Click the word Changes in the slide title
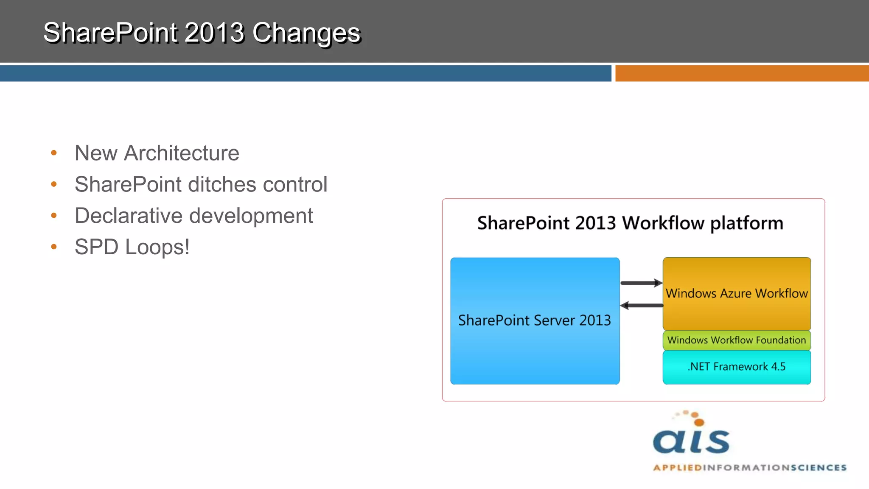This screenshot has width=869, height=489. click(306, 33)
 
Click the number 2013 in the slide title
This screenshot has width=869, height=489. click(214, 33)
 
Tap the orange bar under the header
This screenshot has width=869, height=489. click(742, 73)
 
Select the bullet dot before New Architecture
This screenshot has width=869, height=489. click(54, 153)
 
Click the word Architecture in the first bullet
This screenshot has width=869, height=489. click(181, 153)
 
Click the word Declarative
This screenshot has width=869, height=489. click(128, 216)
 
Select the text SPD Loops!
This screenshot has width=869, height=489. click(132, 247)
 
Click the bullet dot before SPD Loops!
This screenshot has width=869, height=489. click(54, 247)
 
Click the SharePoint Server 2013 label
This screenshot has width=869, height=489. click(534, 320)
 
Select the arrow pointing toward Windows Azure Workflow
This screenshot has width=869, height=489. click(641, 283)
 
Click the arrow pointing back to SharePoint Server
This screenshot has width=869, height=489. click(641, 305)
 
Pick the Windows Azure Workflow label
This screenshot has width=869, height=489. click(736, 293)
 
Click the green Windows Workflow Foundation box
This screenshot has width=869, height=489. click(736, 340)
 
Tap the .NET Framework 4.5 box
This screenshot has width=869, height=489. click(736, 367)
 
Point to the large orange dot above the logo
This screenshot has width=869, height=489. click(699, 422)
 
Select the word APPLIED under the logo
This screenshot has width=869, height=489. click(677, 468)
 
